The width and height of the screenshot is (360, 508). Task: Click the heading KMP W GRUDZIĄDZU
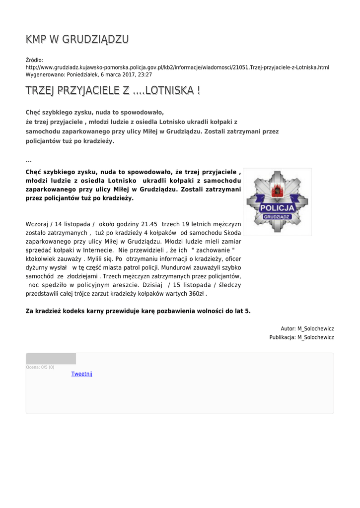pyautogui.click(x=77, y=40)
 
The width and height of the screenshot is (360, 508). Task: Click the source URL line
pyautogui.click(x=177, y=67)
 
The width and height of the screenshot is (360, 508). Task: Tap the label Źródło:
pyautogui.click(x=34, y=60)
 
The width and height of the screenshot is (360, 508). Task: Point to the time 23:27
pyautogui.click(x=145, y=74)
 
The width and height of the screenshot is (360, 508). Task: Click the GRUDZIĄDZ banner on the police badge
pyautogui.click(x=278, y=217)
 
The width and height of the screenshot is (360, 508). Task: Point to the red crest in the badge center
pyautogui.click(x=277, y=190)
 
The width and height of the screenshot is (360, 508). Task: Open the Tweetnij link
pyautogui.click(x=82, y=374)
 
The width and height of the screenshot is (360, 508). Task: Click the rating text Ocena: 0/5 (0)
pyautogui.click(x=40, y=367)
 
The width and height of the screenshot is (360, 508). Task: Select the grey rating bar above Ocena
pyautogui.click(x=51, y=359)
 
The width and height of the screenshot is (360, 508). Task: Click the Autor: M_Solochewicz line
pyautogui.click(x=307, y=328)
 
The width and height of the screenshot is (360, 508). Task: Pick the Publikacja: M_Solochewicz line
pyautogui.click(x=301, y=337)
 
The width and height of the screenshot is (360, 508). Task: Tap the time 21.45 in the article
pyautogui.click(x=149, y=224)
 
